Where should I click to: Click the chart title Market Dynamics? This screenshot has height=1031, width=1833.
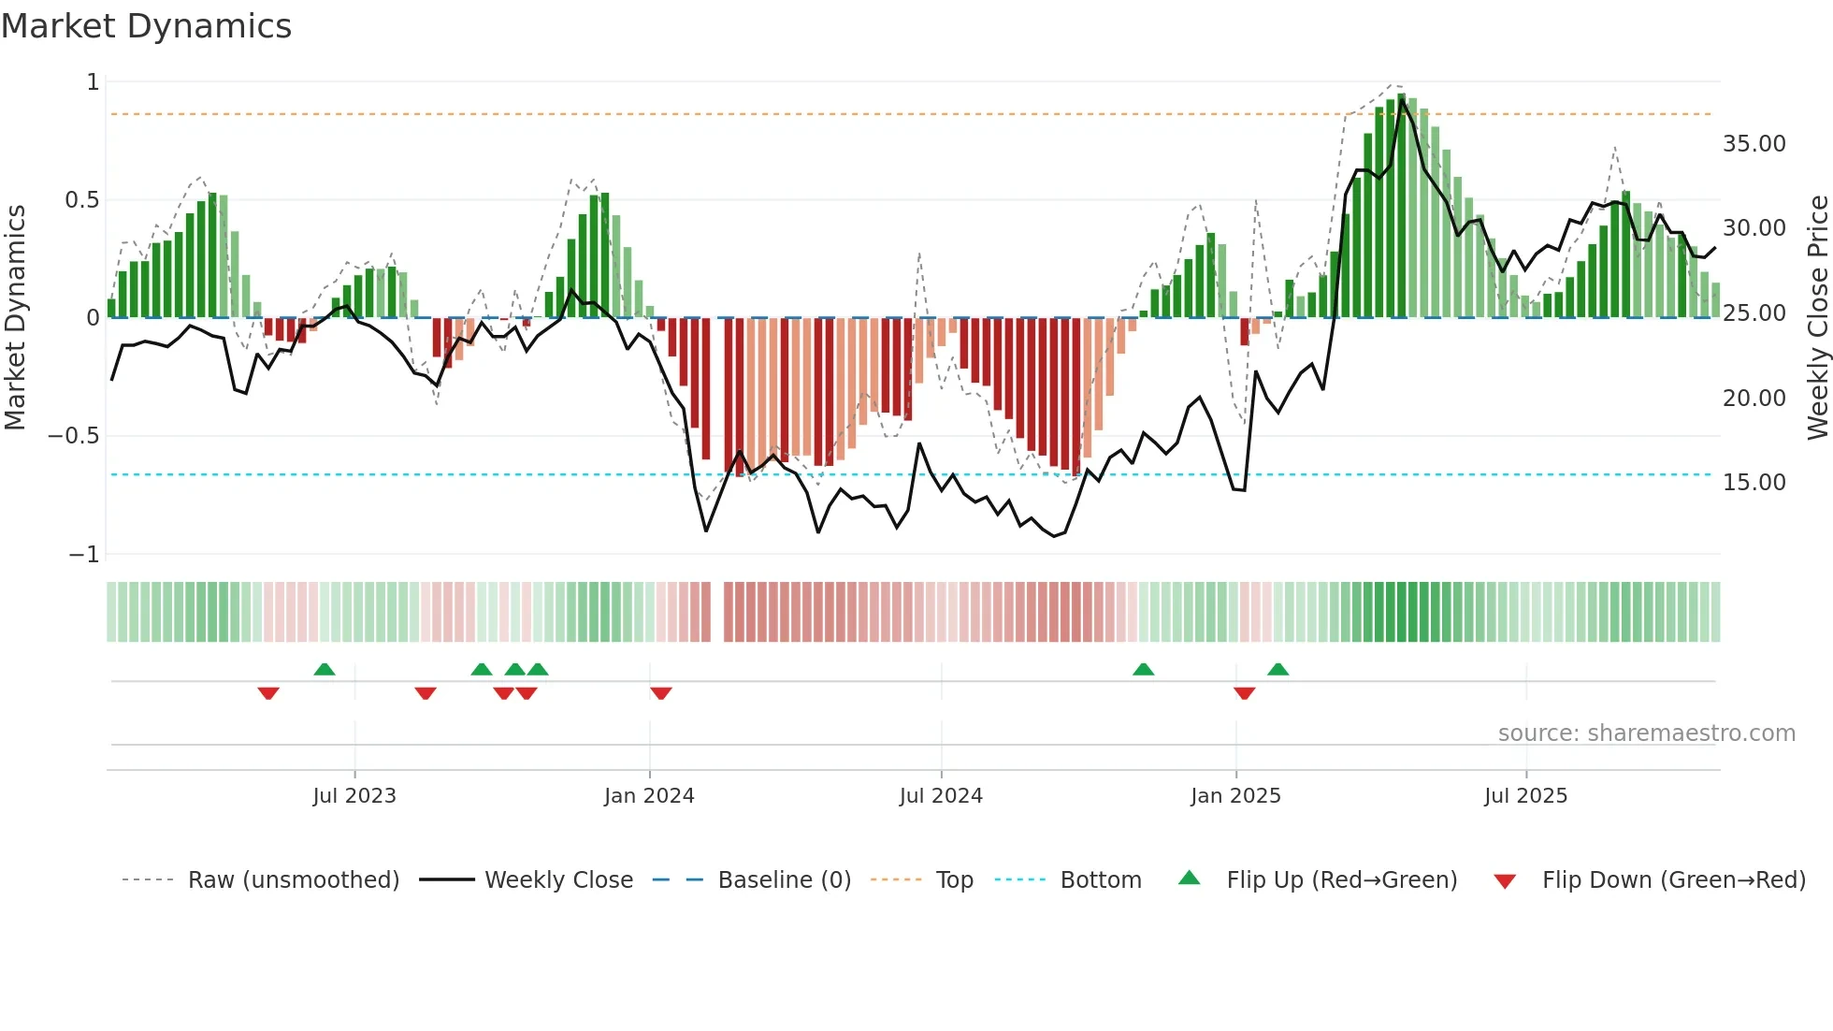(x=147, y=26)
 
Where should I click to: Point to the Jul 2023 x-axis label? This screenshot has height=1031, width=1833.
(x=354, y=796)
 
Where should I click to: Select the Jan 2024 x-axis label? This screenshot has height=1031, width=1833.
(x=649, y=796)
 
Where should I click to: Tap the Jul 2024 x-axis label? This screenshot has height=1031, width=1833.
(x=941, y=796)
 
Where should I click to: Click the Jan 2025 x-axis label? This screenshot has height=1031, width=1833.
(x=1235, y=796)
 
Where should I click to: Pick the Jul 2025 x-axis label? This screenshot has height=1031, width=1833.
(x=1525, y=796)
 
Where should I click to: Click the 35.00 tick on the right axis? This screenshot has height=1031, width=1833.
(x=1754, y=144)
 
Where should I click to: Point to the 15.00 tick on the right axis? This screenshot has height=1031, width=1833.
(x=1754, y=483)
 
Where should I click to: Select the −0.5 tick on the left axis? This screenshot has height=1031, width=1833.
(x=73, y=436)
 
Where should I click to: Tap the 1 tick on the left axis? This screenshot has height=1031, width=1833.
(x=93, y=82)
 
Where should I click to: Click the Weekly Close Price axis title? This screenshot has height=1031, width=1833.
(x=1817, y=317)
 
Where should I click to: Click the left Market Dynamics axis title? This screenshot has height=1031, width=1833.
(x=15, y=317)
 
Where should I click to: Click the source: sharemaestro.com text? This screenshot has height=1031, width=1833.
(x=1646, y=733)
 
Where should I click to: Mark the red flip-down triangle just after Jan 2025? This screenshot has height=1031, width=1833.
(x=1244, y=693)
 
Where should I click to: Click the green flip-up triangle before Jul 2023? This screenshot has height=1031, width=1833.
(x=325, y=669)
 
